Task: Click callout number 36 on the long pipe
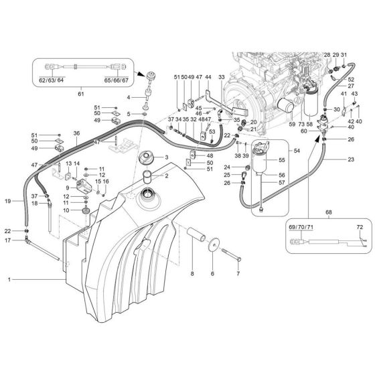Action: click(76, 134)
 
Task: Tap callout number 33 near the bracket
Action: click(222, 78)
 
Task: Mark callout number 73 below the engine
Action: click(301, 124)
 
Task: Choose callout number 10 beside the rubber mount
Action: click(67, 210)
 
